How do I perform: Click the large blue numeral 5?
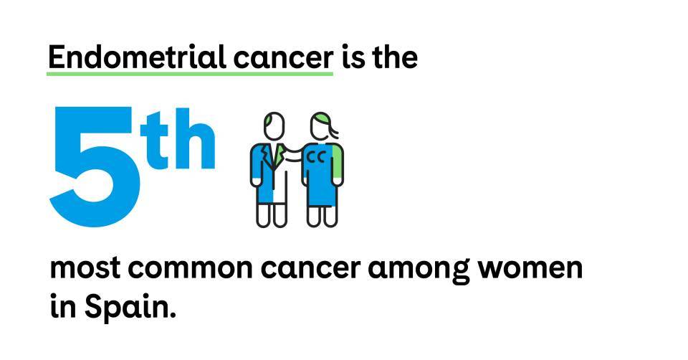95,167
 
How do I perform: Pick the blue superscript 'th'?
178,139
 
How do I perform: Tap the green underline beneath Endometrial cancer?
190,73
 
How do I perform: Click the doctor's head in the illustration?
274,126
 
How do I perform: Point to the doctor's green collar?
278,154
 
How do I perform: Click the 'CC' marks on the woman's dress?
315,157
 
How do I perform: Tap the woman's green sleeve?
338,161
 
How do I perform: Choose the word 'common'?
190,269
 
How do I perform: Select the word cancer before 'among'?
310,269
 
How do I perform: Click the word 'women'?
530,269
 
